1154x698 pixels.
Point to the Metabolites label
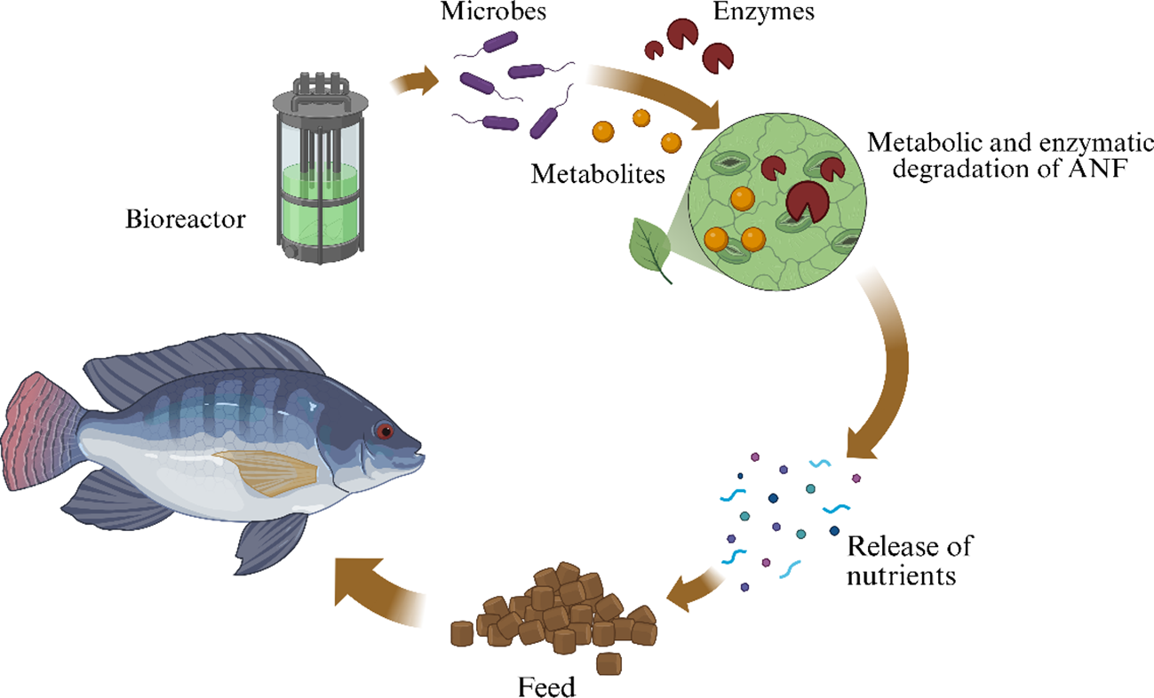click(598, 173)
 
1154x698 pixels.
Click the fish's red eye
click(384, 431)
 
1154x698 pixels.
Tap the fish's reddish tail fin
click(40, 417)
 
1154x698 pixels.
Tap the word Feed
click(546, 686)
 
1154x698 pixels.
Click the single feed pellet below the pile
click(609, 662)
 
